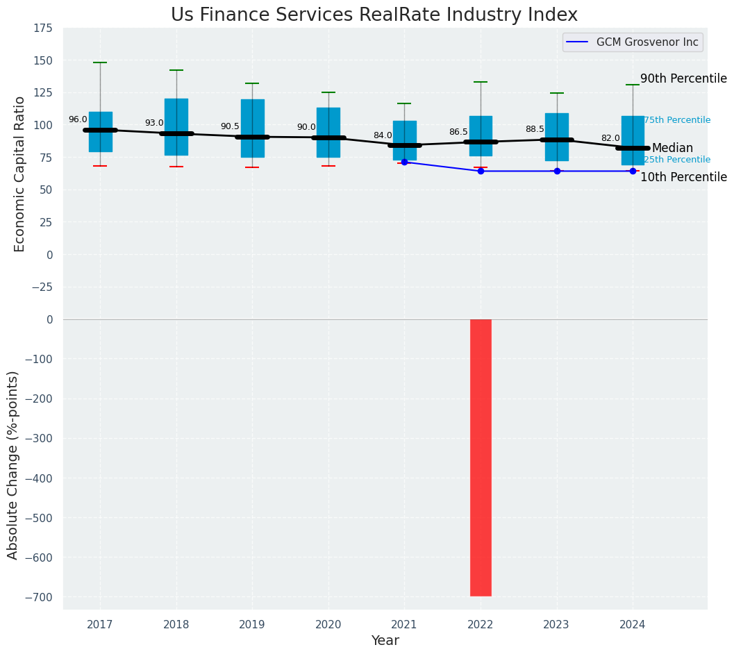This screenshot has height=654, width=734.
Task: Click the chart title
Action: pos(374,15)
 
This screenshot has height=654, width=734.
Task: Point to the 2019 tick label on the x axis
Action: pos(252,625)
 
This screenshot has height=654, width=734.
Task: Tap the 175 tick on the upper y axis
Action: pos(42,28)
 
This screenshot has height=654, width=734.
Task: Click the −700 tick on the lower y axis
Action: pos(38,597)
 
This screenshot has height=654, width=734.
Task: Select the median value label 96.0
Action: pos(78,119)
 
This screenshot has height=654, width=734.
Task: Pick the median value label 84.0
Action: pos(383,135)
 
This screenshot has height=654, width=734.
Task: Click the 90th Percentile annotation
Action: pos(683,78)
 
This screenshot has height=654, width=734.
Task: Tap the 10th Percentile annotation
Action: pos(683,177)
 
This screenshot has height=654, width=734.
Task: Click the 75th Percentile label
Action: pos(676,120)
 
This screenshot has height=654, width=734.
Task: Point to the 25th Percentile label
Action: pos(676,160)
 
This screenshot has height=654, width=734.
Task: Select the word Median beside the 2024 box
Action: pos(672,148)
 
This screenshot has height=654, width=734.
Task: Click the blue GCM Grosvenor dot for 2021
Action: pos(404,162)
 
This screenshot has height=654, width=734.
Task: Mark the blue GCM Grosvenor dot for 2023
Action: pos(557,171)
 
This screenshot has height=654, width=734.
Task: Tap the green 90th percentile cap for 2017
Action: pos(100,62)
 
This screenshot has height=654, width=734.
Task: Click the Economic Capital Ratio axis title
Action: pos(20,174)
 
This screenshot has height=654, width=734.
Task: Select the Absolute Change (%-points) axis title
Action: pos(13,464)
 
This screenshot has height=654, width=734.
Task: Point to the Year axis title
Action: pos(385,641)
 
